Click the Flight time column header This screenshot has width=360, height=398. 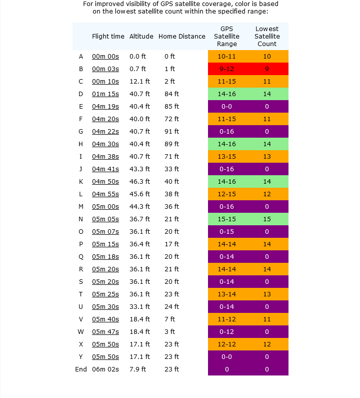pos(108,37)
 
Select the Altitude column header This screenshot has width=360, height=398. pos(141,37)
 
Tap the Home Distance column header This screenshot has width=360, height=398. pos(182,37)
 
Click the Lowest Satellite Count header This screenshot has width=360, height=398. pos(267,37)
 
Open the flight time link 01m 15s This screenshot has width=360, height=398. pos(105,94)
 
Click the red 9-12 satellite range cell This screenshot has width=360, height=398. pos(226,69)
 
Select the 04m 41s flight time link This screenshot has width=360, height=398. pos(105,169)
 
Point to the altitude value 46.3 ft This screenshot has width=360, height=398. pos(139,182)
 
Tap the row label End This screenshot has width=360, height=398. pos(81,369)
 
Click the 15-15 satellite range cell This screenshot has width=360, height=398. pos(226,219)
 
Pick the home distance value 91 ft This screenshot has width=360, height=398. pos(171,132)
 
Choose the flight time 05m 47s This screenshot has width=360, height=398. pos(105,332)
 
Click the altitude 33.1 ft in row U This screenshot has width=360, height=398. pos(139,306)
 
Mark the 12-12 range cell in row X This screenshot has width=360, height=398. pos(226,344)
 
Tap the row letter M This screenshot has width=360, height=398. pos(81,207)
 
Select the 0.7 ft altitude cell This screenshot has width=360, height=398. pos(137,69)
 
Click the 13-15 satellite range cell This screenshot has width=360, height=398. pos(226,156)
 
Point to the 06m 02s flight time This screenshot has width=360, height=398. pos(105,369)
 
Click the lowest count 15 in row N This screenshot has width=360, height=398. pos(267,219)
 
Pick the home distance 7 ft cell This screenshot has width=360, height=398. pos(169,319)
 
